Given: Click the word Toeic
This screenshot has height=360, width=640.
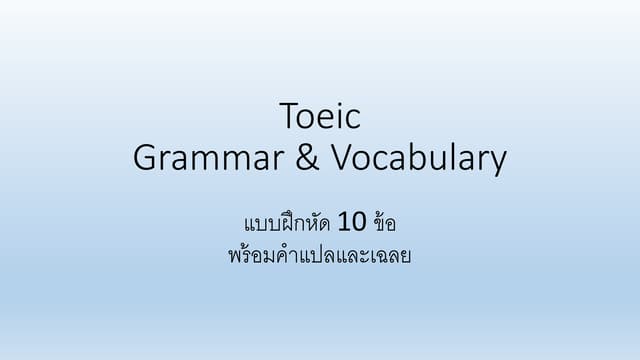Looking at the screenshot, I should click(320, 118).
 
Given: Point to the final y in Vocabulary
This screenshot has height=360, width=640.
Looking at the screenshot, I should click(497, 162).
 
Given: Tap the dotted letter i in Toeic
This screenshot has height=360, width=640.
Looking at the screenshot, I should click(341, 118).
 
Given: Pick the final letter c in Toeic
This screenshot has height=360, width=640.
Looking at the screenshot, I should click(354, 120).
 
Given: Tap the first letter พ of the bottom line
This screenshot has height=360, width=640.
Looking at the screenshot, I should click(235, 255).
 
